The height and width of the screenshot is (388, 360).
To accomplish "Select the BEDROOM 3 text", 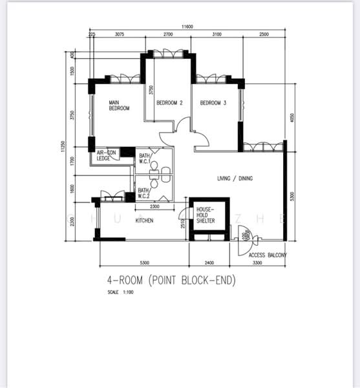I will click(213, 103).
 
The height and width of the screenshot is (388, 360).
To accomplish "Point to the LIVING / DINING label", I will click(237, 178).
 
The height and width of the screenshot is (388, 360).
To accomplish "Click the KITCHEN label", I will click(144, 221).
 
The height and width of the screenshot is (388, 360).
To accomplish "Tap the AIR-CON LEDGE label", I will click(107, 155).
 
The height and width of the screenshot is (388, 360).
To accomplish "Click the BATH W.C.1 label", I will click(145, 159).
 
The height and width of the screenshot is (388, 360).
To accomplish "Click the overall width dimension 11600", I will click(187, 27).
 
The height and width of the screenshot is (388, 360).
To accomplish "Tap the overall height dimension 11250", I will click(63, 147).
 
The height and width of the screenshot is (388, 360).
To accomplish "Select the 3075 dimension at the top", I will click(119, 34).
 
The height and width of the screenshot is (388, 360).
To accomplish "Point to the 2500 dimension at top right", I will click(264, 34).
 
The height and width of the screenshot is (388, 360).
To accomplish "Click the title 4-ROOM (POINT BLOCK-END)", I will click(173, 281).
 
